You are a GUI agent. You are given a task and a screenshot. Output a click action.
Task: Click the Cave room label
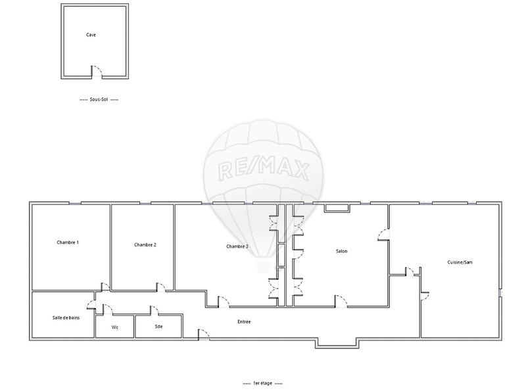[91, 35]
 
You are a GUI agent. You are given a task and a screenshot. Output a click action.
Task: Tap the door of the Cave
[96, 71]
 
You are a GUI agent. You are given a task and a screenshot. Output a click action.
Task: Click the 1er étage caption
[261, 382]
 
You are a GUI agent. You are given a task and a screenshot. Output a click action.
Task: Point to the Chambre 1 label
[68, 243]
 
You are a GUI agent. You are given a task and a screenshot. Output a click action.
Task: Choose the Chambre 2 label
[145, 244]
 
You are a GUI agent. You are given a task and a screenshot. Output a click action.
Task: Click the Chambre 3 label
[237, 246]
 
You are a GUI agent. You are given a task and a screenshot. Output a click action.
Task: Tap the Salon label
[341, 251]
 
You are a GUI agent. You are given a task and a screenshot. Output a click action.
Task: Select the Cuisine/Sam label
[460, 262]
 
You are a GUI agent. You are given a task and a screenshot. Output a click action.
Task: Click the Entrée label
[244, 322]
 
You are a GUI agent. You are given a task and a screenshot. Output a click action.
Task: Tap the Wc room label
[114, 326]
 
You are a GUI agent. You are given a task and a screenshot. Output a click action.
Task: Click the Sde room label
[158, 326]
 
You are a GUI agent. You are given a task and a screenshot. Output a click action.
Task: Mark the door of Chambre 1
[105, 286]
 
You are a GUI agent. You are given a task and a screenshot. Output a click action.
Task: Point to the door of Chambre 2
[160, 287]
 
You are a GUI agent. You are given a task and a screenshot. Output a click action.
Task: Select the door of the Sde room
[155, 310]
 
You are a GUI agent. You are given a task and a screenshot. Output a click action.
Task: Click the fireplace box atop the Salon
[336, 208]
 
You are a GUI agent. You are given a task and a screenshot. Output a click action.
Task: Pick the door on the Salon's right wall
[383, 233]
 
